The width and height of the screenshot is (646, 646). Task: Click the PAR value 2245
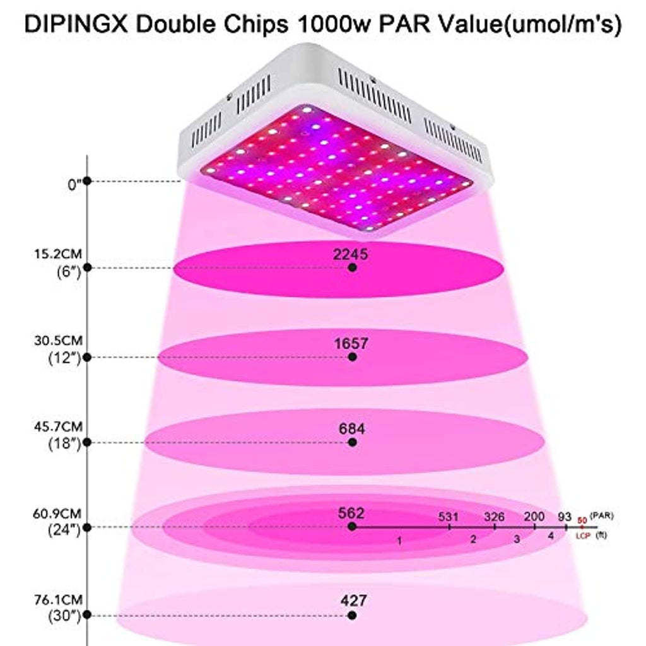click(352, 254)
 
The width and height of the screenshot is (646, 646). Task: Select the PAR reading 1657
click(352, 344)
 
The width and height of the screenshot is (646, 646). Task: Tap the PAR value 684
click(352, 429)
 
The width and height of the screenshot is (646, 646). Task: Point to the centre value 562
click(352, 513)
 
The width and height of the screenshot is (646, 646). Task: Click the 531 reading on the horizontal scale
click(449, 517)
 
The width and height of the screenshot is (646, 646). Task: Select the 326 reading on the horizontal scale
click(494, 517)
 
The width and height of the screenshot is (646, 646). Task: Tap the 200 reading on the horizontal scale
click(534, 517)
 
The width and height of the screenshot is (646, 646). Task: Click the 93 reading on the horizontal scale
click(564, 517)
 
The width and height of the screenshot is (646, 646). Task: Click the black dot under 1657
click(352, 357)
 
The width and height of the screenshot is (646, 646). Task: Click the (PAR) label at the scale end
click(602, 515)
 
